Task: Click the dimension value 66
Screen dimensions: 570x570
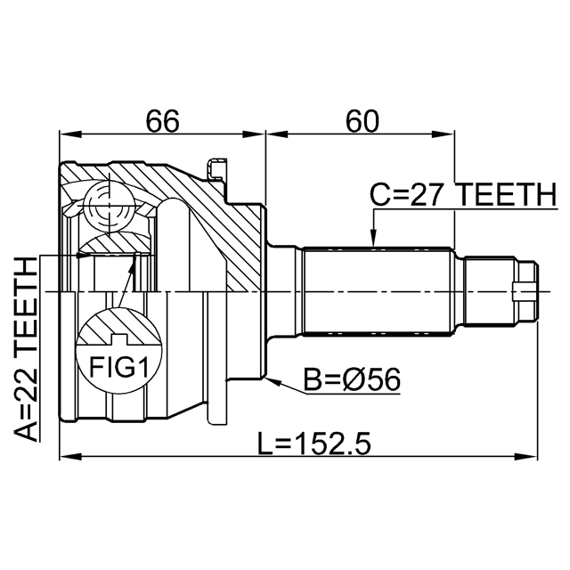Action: click(x=162, y=121)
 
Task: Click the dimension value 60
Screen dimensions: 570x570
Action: click(x=362, y=121)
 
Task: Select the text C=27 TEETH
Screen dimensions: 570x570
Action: click(x=463, y=194)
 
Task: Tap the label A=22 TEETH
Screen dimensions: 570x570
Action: click(x=26, y=349)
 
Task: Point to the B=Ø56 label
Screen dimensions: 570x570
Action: click(x=352, y=379)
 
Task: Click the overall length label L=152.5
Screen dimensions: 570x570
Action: click(x=314, y=444)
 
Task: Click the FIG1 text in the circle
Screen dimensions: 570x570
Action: click(x=118, y=367)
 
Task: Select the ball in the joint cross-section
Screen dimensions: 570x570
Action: click(x=109, y=206)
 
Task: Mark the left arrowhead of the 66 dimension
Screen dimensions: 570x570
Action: click(x=69, y=134)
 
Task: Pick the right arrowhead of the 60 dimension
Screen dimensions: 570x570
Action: click(x=444, y=134)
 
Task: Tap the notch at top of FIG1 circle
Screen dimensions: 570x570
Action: click(x=118, y=339)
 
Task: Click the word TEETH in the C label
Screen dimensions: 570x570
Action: click(x=506, y=194)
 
